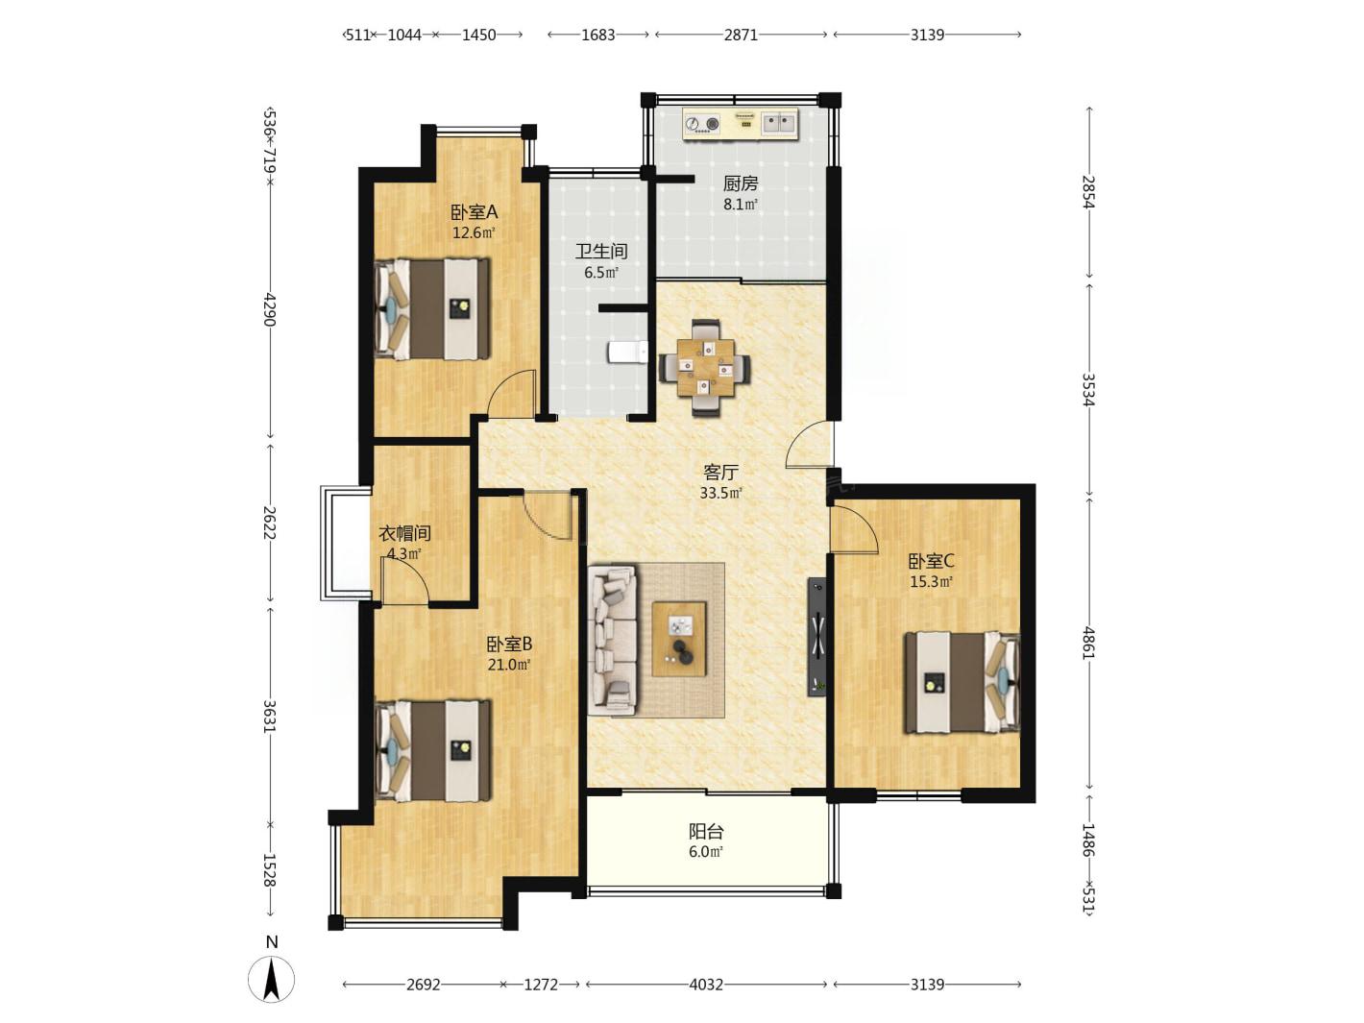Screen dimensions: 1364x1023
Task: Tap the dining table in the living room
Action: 705,367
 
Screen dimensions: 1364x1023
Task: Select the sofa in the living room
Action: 612,639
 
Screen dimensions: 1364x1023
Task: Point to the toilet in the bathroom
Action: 627,353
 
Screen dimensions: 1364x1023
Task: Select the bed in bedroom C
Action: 962,682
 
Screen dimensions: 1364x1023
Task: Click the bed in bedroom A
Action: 432,308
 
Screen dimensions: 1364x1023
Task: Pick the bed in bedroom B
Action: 432,750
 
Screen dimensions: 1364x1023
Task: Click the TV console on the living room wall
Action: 816,637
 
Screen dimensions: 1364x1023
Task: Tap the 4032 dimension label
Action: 706,985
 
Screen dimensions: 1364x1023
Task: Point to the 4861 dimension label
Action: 1088,643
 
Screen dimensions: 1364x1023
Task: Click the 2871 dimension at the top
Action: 740,35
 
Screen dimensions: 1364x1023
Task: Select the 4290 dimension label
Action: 269,309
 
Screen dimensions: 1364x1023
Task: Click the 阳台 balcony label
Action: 706,831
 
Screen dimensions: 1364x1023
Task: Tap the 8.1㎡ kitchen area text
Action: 740,204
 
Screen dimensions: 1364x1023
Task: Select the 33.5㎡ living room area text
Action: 720,493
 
